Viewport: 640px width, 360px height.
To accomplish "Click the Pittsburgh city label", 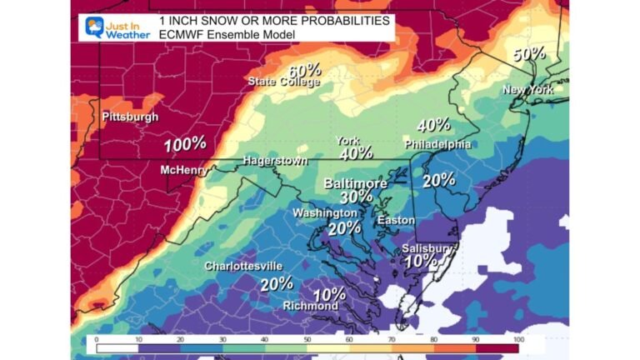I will pos(130,117).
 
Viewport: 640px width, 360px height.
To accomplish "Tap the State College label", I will pos(283,82).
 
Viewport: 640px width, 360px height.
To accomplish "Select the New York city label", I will pos(527,89).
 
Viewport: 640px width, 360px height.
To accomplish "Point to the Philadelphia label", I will pos(437,144).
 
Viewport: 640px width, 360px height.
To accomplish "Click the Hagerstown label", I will pos(275,160).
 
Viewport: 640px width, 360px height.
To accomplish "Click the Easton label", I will pos(396,220).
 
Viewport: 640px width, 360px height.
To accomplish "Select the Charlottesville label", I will pos(243,266).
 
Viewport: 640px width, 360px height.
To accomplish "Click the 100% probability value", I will pos(184,144).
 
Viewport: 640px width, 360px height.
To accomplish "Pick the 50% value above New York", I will pos(529,54).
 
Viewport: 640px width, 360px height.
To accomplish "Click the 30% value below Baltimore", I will pos(356,197).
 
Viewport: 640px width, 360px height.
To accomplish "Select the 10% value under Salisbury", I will pos(419,260).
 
